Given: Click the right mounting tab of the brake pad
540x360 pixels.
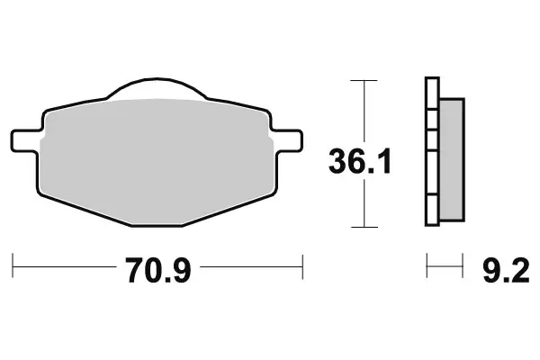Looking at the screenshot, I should (288, 140).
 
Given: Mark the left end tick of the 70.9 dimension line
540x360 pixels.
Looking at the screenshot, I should (13, 266).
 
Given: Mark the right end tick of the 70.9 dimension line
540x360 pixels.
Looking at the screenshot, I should (302, 266).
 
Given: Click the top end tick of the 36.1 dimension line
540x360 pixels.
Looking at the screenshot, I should (363, 81).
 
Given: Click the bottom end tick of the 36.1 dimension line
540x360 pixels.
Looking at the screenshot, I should (363, 226).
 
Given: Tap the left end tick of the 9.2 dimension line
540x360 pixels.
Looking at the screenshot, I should (427, 266).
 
